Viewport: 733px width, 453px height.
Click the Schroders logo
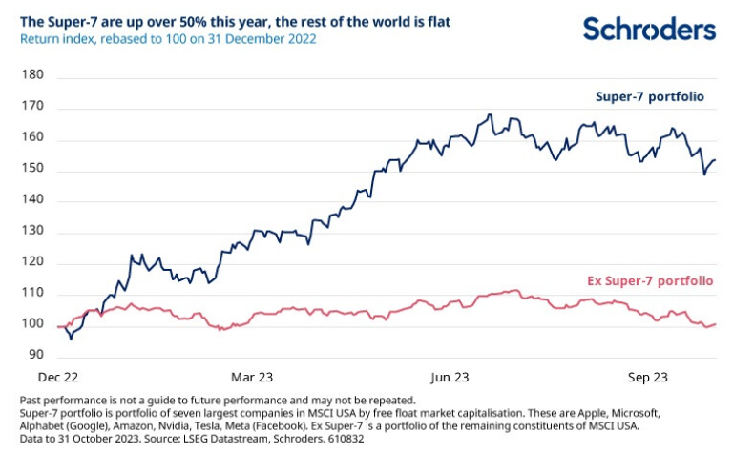(649, 29)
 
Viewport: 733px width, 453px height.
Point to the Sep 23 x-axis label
(645, 378)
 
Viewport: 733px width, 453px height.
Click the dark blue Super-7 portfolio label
(651, 96)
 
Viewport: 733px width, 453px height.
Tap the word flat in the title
(435, 20)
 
